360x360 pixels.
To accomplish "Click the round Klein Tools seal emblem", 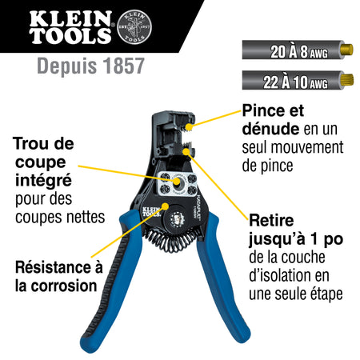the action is click(x=134, y=27).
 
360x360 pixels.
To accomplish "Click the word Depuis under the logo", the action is click(x=67, y=66).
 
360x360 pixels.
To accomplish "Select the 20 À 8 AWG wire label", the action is click(x=299, y=51).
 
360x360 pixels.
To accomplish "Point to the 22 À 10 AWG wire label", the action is click(x=295, y=82).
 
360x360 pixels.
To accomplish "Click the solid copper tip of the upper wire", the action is click(x=347, y=50).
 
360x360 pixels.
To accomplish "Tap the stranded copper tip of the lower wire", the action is click(x=348, y=80).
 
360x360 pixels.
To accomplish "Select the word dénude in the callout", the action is click(x=270, y=129).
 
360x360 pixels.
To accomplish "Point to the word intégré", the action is click(x=43, y=181).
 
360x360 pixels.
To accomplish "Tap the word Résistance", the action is click(x=53, y=267).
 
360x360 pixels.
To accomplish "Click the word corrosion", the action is click(x=64, y=286).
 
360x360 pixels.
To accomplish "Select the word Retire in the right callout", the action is click(x=271, y=221).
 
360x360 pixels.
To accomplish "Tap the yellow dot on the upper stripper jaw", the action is click(x=189, y=127).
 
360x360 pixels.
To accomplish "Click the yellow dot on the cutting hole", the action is click(x=177, y=181).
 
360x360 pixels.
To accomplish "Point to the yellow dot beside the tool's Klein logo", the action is click(x=166, y=206).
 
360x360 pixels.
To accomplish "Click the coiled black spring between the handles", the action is click(x=170, y=242).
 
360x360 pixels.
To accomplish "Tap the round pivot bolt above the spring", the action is click(x=176, y=219).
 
